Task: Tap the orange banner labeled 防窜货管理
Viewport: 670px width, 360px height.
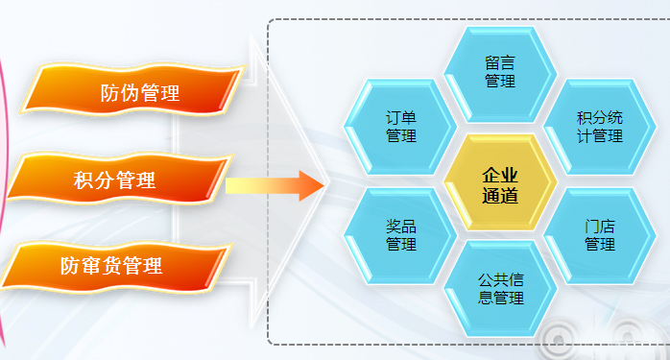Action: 115,265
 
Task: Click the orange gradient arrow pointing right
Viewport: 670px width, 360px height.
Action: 275,182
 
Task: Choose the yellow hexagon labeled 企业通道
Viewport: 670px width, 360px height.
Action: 500,183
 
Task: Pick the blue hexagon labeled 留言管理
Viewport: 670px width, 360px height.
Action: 500,72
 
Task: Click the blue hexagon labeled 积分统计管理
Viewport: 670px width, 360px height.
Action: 599,127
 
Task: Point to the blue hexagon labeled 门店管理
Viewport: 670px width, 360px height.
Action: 599,236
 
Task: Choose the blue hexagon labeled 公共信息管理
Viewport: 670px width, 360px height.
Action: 500,290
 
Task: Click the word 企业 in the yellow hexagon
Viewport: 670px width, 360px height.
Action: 500,175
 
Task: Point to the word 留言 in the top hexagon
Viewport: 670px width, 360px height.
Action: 500,63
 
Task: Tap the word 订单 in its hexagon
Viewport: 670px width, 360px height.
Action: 401,118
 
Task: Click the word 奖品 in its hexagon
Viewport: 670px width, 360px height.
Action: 401,228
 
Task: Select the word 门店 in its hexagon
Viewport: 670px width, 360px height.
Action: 599,228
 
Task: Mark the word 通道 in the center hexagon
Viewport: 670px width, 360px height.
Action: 500,195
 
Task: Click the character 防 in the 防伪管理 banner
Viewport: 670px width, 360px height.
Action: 109,93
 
